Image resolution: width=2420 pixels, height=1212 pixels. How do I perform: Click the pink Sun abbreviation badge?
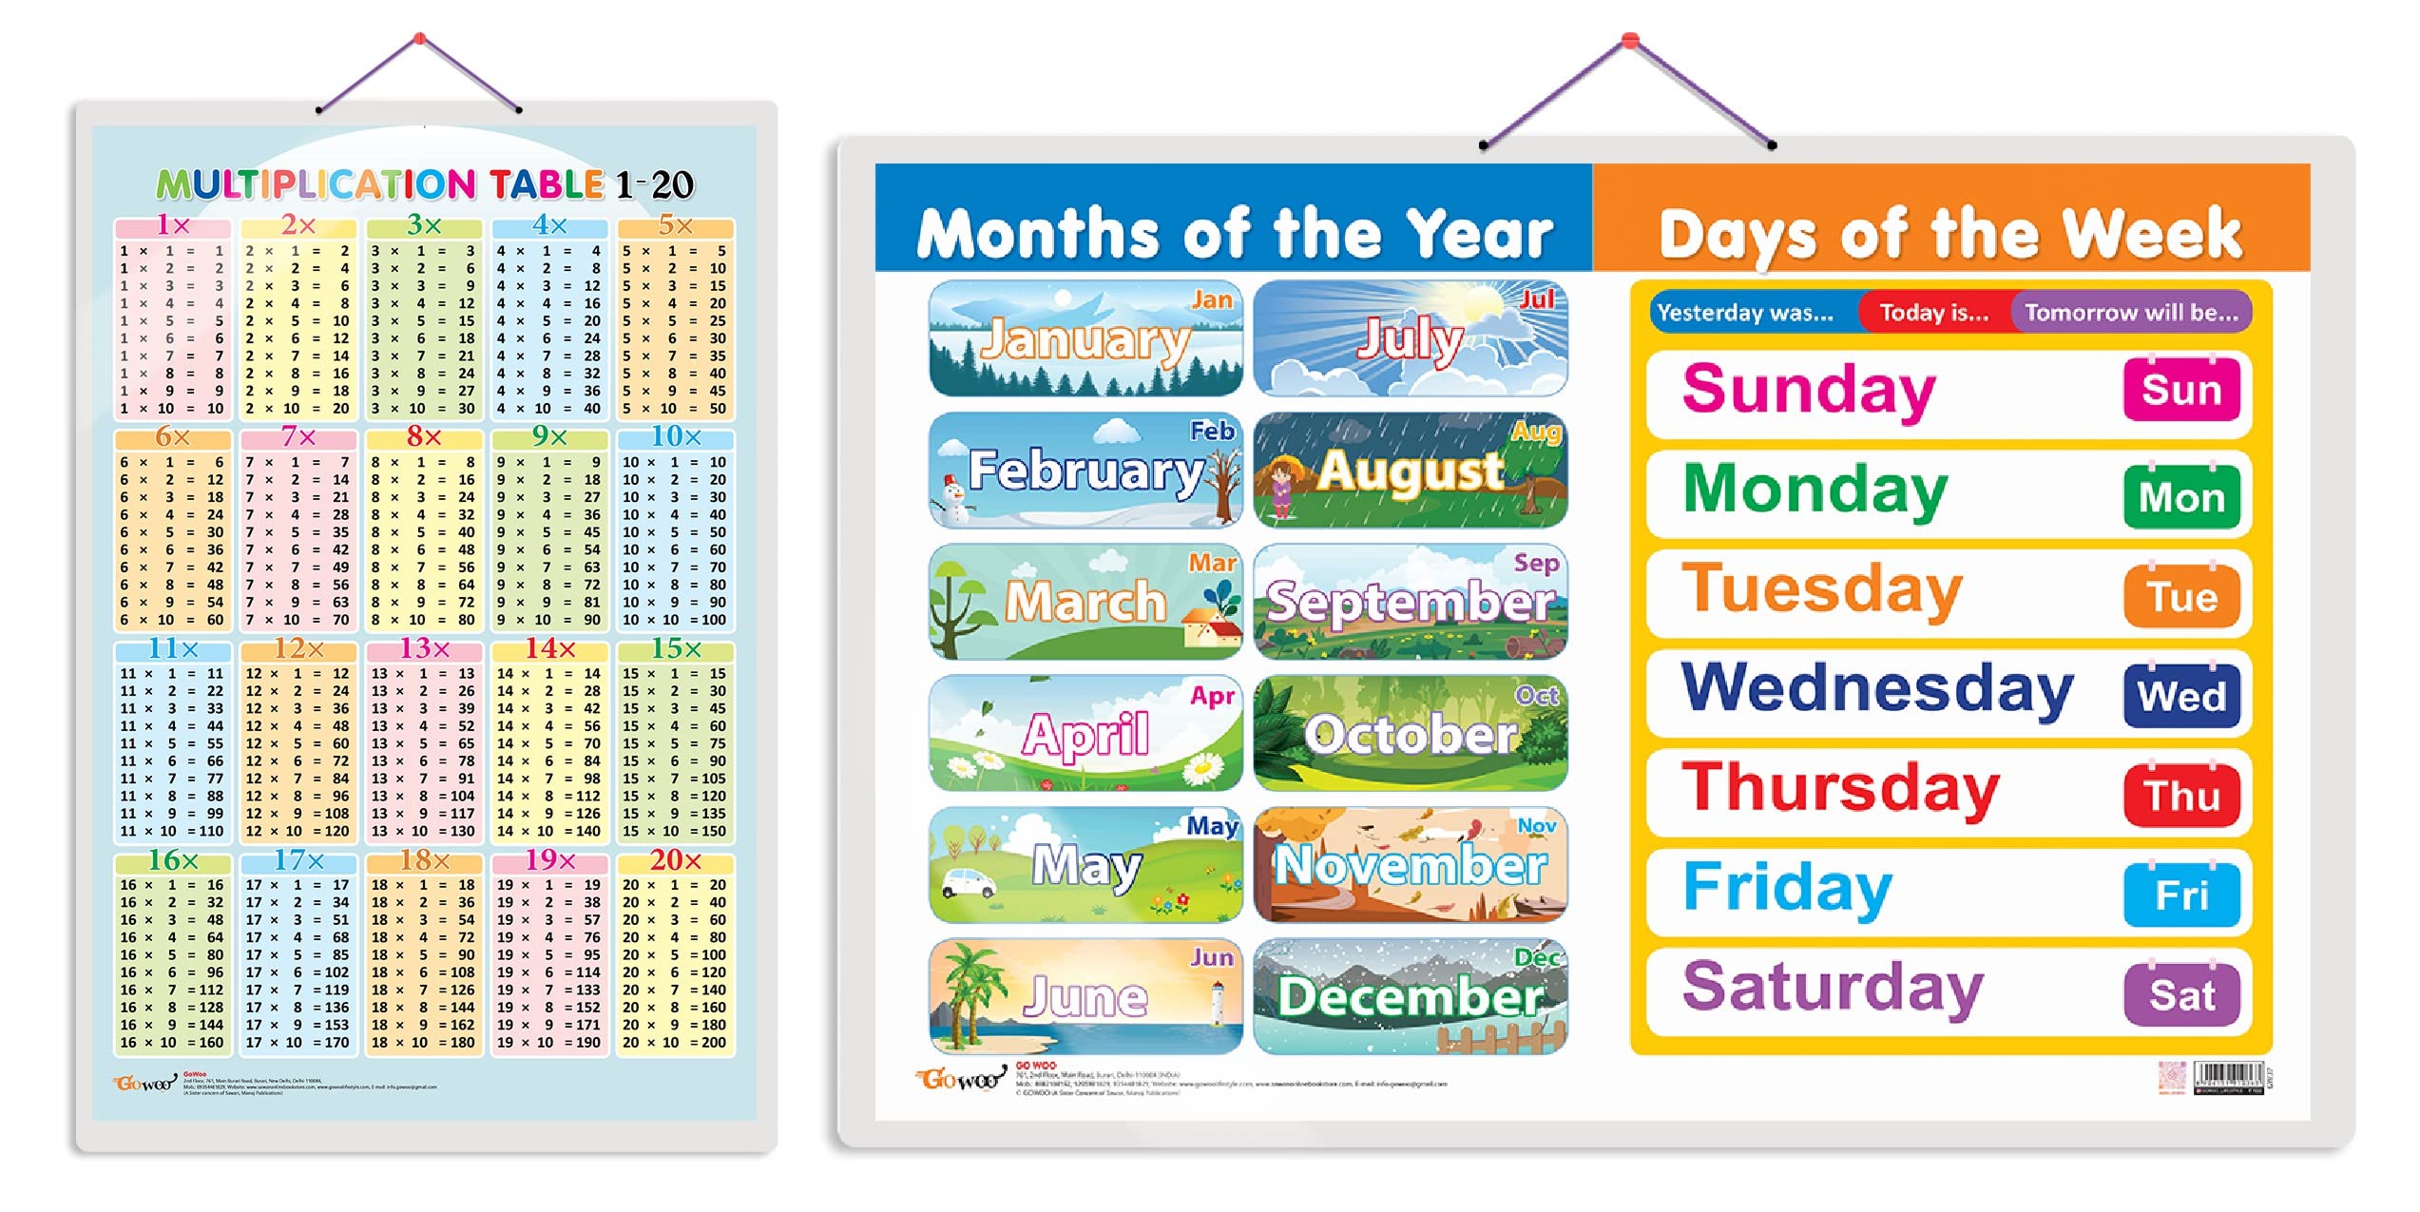2180,390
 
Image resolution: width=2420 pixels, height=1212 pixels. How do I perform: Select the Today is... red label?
1933,313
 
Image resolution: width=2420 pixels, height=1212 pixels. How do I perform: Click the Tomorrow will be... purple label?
2131,313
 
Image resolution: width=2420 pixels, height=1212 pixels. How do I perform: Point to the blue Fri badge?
2180,895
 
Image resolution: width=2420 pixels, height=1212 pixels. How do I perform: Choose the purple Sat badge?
2180,995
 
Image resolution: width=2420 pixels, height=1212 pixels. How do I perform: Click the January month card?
1085,338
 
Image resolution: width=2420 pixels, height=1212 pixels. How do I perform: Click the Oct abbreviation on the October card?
1536,696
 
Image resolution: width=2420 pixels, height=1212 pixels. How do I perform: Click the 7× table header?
298,437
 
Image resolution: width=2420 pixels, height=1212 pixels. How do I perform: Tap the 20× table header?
675,860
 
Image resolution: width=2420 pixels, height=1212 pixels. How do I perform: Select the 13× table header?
424,649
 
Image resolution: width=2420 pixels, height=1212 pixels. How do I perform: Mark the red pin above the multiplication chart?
419,39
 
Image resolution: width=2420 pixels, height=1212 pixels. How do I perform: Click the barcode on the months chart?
2228,1077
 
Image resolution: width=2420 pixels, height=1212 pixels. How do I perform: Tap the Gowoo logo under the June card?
960,1079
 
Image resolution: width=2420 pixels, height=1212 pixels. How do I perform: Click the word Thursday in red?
1840,789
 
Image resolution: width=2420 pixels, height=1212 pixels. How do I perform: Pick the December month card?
1410,996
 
